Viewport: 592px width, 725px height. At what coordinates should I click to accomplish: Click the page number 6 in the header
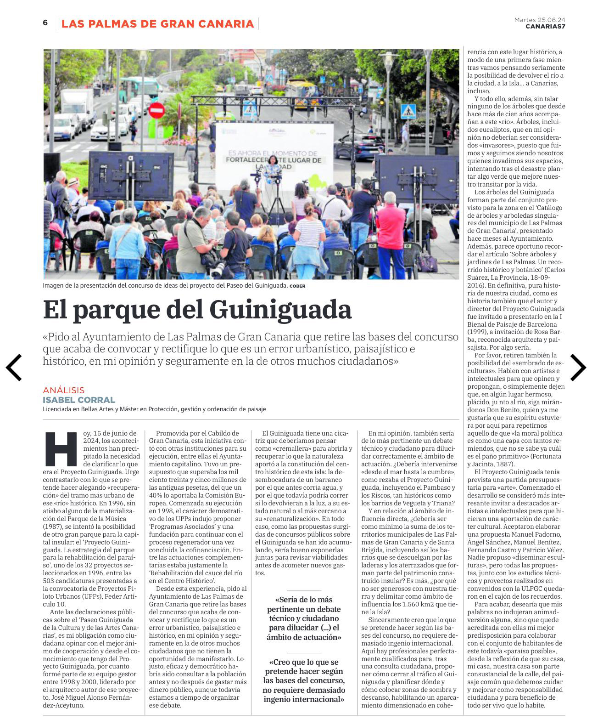point(45,23)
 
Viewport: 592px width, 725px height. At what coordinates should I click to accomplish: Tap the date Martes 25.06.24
point(539,19)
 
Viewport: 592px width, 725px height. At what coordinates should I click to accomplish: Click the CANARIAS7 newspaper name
point(545,26)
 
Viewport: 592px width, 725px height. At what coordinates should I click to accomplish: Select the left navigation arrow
point(14,367)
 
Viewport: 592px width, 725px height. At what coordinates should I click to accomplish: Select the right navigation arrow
point(578,367)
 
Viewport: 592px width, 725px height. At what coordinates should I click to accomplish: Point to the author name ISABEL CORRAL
point(79,400)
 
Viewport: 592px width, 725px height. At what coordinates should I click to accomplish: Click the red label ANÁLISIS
point(64,390)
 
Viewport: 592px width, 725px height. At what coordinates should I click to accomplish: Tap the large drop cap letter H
point(61,449)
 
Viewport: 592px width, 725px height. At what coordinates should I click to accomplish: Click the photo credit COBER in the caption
point(297,286)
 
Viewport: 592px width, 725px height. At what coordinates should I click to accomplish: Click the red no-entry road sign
point(156,110)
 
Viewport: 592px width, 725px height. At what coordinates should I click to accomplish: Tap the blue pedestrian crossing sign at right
point(408,110)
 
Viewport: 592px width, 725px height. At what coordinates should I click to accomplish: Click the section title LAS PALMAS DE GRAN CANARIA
point(157,23)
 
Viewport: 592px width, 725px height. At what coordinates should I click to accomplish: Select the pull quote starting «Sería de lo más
point(304,618)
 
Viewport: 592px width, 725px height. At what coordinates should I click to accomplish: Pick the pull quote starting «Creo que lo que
point(304,680)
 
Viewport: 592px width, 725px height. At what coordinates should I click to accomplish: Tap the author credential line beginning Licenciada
point(154,409)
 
